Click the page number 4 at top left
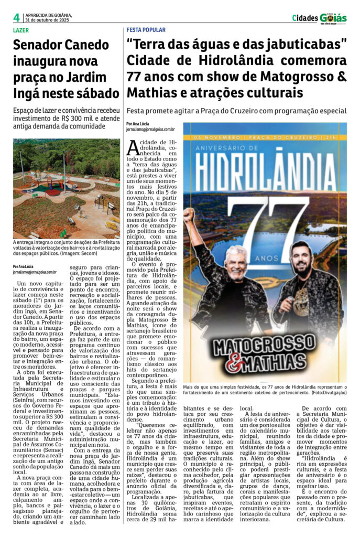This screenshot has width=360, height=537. pyautogui.click(x=16, y=17)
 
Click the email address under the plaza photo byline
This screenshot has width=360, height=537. pyautogui.click(x=35, y=272)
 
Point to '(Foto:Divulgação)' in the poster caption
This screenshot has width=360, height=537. pyautogui.click(x=324, y=392)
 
